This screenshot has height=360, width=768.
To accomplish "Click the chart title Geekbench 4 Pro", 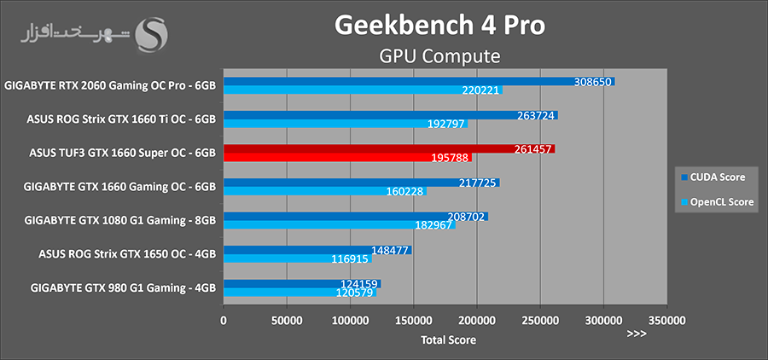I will [x=439, y=25].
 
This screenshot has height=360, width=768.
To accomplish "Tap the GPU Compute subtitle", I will [x=439, y=56].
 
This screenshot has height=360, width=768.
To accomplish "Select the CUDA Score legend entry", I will [x=716, y=177].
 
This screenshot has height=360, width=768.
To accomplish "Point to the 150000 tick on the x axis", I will [x=413, y=321].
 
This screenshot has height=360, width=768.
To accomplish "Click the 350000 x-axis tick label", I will [x=666, y=321].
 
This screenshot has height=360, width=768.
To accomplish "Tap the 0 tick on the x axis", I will [x=224, y=321].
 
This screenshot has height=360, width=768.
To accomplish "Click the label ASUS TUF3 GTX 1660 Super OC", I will [x=123, y=153].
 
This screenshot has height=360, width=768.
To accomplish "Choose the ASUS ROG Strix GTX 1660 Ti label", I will [x=122, y=119].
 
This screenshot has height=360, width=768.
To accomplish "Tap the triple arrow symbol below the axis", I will [x=636, y=334].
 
